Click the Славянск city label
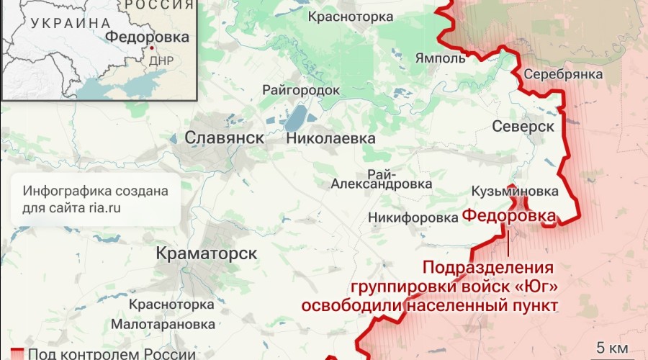click(224, 138)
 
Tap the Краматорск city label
click(207, 254)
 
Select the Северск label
click(523, 127)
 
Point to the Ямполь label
click(441, 58)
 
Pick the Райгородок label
click(301, 90)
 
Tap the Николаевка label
click(330, 138)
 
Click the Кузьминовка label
click(514, 192)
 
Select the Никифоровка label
click(408, 217)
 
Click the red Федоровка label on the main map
click(508, 215)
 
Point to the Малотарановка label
click(173, 324)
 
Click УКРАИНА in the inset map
click(64, 23)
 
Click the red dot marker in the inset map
click(152, 48)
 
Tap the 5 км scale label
click(613, 346)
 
